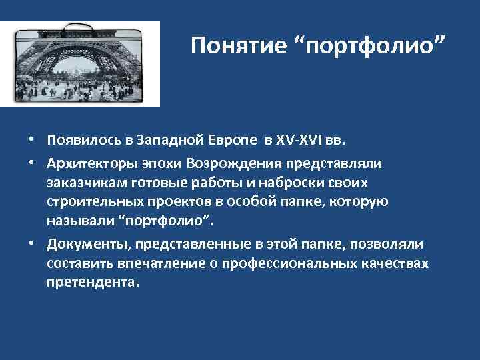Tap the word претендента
93,282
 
